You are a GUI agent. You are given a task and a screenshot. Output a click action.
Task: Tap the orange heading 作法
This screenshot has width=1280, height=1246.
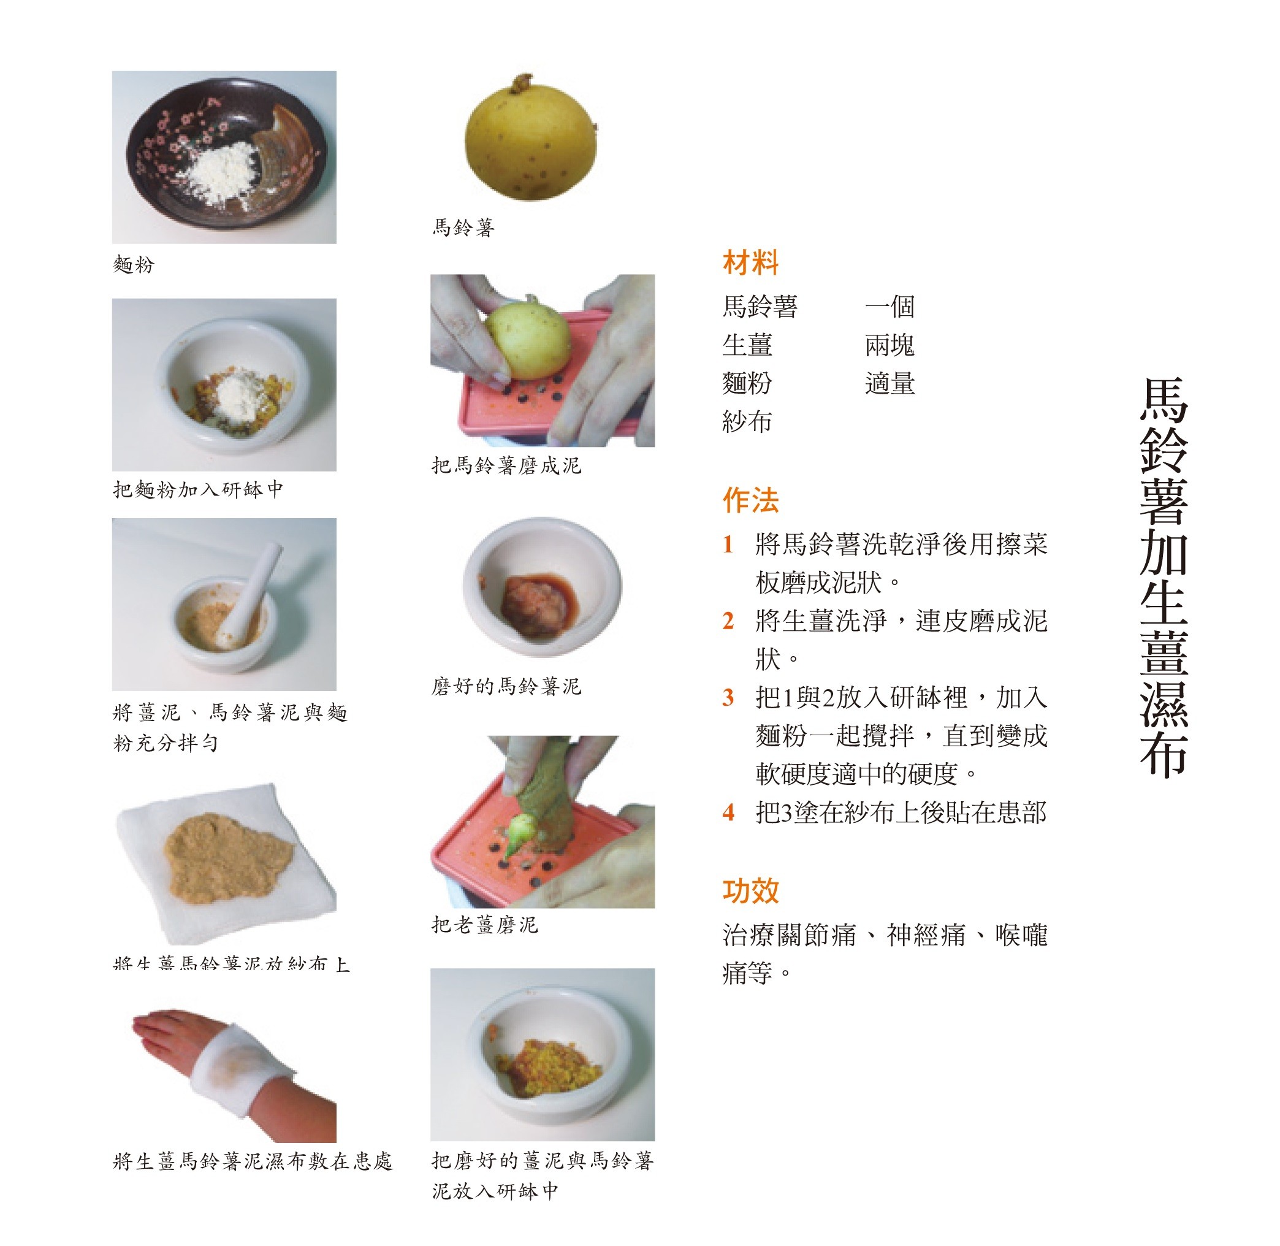(750, 500)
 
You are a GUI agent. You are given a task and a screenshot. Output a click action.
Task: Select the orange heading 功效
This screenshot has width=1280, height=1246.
(750, 890)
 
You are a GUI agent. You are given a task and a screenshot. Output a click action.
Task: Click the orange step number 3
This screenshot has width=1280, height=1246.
(728, 698)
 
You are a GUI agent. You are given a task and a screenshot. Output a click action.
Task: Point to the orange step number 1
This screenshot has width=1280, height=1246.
(728, 545)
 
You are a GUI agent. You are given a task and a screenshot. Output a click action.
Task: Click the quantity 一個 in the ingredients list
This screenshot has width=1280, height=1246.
(890, 306)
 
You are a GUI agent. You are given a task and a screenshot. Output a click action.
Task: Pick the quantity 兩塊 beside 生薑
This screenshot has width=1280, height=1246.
(890, 345)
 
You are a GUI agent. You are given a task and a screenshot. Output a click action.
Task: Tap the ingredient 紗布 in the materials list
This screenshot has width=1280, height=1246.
(747, 421)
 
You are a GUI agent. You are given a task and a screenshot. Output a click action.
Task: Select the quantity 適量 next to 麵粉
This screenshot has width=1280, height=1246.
(890, 383)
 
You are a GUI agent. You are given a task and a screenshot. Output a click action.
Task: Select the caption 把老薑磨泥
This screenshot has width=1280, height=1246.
(485, 925)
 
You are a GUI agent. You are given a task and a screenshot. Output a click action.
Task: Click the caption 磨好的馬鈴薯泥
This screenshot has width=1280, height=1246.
(506, 687)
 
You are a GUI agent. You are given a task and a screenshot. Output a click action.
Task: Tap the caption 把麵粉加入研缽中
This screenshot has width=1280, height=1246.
(198, 489)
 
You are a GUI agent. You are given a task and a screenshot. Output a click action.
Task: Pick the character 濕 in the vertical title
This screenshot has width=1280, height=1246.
(1164, 703)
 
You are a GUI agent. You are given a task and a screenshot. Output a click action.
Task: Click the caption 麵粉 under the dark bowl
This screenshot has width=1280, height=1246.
(134, 265)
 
